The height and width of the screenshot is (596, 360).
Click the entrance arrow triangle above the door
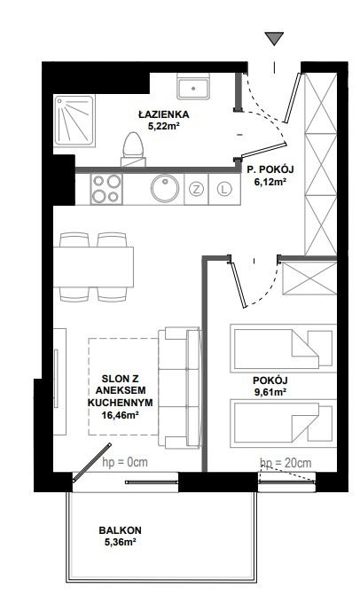(274, 38)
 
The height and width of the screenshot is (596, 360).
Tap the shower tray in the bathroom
(74, 121)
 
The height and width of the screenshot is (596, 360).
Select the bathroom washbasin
(193, 87)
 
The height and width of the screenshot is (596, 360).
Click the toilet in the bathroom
(133, 149)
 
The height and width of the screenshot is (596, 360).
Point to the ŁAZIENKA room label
(163, 114)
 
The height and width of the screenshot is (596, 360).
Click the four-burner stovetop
(106, 189)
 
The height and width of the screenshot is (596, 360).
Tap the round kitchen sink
(165, 189)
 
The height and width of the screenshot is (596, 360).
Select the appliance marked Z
(196, 189)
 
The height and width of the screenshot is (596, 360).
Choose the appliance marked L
(224, 189)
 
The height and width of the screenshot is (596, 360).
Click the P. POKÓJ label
(270, 169)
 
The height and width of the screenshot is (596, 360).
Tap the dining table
(93, 267)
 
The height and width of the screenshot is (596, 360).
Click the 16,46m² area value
(120, 415)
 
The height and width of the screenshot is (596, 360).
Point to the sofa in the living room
(179, 388)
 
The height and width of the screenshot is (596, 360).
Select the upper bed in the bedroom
(283, 349)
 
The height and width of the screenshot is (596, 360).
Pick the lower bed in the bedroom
(283, 423)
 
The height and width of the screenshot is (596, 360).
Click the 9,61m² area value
(270, 391)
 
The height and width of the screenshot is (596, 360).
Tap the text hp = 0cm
(125, 462)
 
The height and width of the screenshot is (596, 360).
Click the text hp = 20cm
(286, 463)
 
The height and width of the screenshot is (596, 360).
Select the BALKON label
(120, 529)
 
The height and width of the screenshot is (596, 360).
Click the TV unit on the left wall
(59, 381)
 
